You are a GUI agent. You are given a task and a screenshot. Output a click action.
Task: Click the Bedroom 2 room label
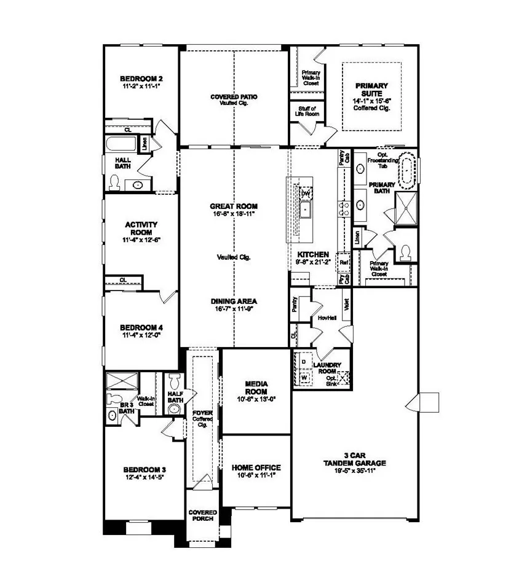(141, 79)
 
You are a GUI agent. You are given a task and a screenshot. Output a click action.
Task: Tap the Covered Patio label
(234, 97)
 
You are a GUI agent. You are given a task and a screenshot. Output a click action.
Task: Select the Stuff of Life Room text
(304, 111)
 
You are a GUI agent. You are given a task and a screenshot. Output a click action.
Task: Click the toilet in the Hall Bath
(114, 182)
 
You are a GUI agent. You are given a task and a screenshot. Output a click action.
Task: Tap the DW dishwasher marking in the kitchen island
(305, 193)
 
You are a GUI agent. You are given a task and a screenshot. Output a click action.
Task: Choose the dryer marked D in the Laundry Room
(303, 362)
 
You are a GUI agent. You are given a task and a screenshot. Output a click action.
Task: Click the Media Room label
(256, 387)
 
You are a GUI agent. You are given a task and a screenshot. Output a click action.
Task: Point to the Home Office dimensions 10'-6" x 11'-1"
(256, 475)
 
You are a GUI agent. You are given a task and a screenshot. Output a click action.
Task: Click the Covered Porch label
(202, 515)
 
